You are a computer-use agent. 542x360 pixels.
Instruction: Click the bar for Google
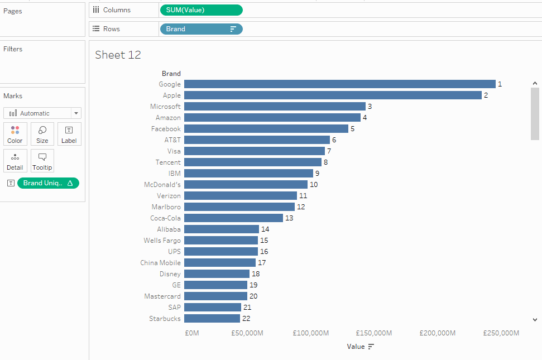point(339,84)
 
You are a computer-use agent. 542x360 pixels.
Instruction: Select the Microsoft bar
point(275,107)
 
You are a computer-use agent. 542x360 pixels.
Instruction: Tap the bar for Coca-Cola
point(233,218)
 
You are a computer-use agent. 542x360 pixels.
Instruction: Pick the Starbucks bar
point(212,319)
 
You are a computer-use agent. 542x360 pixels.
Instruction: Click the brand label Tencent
point(168,162)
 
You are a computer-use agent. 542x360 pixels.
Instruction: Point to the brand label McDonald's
point(162,185)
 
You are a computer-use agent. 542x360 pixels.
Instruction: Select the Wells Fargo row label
point(162,241)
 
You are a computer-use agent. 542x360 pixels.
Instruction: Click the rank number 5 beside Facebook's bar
point(352,129)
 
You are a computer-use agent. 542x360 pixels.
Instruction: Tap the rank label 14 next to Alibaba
point(265,229)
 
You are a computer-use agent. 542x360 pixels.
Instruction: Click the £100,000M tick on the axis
point(311,333)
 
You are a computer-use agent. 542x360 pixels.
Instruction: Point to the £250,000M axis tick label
point(501,333)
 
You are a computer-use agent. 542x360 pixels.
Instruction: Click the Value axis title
point(356,347)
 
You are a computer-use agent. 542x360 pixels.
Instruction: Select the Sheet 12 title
point(118,55)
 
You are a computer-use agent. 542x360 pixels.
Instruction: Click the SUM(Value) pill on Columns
point(201,10)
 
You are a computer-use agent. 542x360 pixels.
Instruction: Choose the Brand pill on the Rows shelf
point(201,29)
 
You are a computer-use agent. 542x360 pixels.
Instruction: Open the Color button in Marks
point(15,134)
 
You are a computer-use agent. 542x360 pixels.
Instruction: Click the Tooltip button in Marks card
point(42,161)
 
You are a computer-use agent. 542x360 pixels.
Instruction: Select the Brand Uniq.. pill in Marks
point(48,183)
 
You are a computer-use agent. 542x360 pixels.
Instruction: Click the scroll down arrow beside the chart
point(535,320)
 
